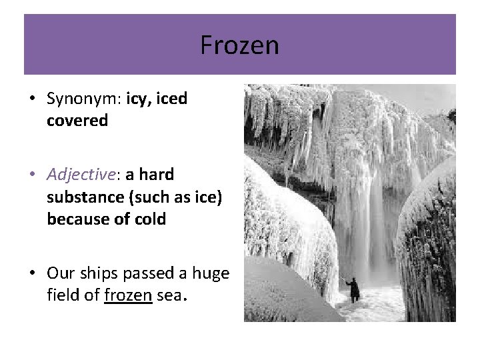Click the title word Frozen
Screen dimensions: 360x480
point(239,45)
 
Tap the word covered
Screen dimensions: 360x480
point(77,121)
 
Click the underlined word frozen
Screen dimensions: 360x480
point(129,295)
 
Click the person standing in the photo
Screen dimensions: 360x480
point(353,289)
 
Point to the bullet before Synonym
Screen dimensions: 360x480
point(32,99)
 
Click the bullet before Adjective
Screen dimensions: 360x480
point(32,175)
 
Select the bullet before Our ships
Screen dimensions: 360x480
point(32,273)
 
